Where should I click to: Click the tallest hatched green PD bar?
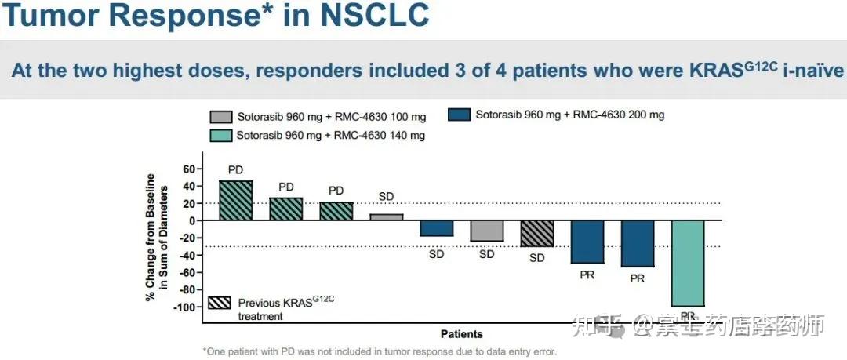(235, 200)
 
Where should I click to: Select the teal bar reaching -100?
(688, 263)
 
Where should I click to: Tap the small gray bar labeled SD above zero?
(386, 216)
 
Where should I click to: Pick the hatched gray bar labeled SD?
(537, 233)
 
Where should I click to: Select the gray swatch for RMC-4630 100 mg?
(220, 117)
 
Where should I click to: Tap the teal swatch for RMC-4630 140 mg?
(220, 135)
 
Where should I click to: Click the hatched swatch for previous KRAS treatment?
(220, 303)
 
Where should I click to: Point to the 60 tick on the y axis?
(187, 169)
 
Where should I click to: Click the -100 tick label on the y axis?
(184, 307)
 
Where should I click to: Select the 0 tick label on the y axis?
(191, 220)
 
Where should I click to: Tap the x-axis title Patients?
(462, 334)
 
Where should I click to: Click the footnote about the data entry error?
(380, 351)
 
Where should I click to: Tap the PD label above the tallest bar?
(235, 169)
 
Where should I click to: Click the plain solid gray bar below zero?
(486, 231)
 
